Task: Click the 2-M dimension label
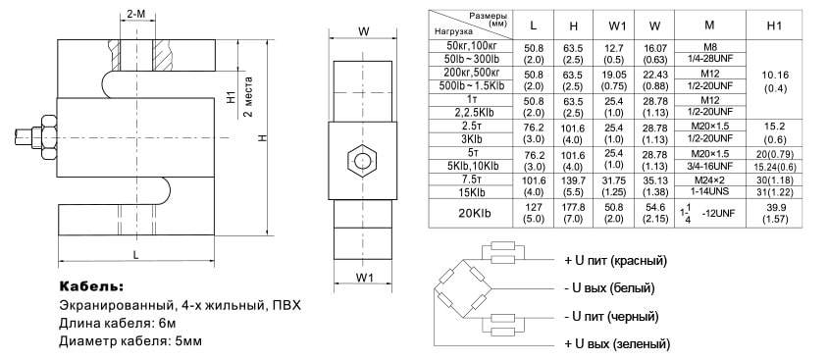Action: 136,15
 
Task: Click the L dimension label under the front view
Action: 136,254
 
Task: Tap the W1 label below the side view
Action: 363,278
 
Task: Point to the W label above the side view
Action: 363,31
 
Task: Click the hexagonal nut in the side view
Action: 362,160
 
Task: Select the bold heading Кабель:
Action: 91,286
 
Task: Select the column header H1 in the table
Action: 774,25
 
